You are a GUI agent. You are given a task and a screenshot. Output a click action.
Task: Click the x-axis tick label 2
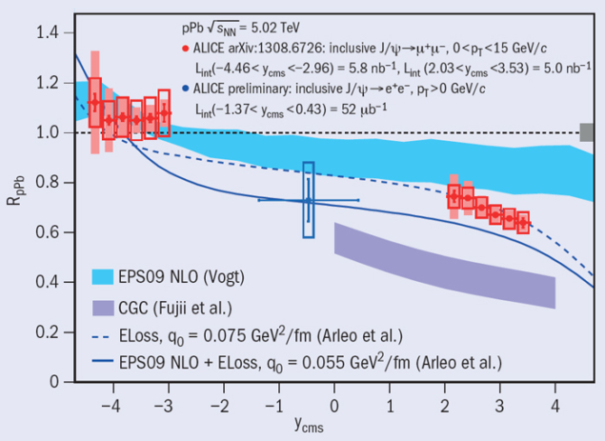pos(445,404)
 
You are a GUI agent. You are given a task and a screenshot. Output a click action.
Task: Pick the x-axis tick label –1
pos(277,404)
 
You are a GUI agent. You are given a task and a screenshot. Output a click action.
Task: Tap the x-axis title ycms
pos(307,426)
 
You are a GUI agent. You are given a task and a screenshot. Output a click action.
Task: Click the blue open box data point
pos(308,200)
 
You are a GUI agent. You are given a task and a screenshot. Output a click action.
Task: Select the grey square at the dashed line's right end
pos(586,132)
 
